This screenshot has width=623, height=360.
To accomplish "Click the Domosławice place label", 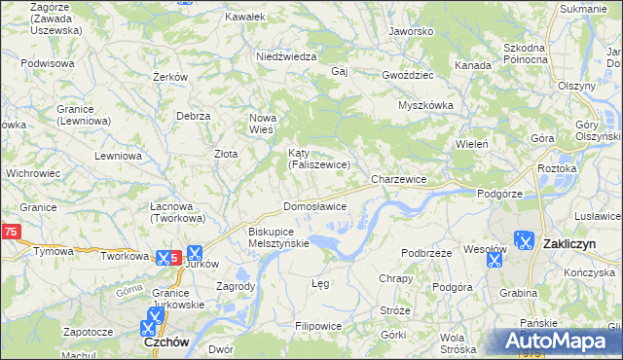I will point(314,207).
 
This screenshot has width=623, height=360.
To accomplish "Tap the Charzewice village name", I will point(399,180).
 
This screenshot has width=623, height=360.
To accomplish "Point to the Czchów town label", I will point(165,342).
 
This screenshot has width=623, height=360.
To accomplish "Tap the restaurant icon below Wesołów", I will point(494,260).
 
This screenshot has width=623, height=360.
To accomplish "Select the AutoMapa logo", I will point(554,342).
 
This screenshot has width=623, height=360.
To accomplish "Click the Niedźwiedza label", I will point(286,56).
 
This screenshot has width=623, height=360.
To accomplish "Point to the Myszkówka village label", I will point(426,105).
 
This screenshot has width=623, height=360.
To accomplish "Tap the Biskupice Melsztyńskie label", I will point(278,237).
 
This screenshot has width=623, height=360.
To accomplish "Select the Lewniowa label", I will point(120,156).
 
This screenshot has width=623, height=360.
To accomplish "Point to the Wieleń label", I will point(471,144).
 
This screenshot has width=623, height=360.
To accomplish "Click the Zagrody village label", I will point(237,286).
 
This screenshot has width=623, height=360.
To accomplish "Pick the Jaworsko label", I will point(410,31).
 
